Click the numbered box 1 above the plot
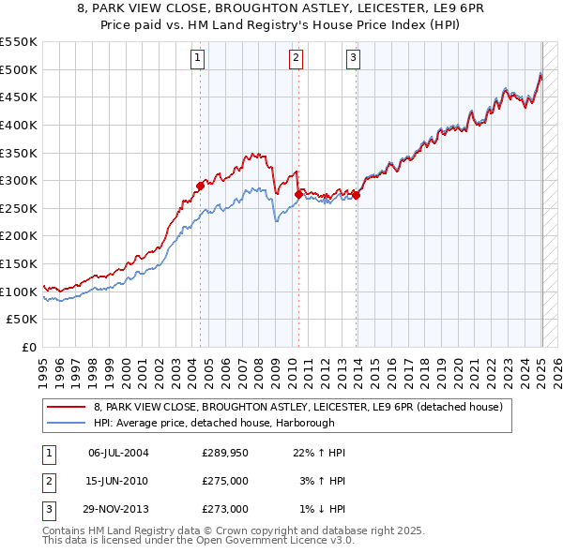(199, 58)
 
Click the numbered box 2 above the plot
(296, 58)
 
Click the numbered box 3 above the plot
(354, 58)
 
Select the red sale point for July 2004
(201, 186)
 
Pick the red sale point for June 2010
(298, 194)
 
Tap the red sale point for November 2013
(357, 195)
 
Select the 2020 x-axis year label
(457, 370)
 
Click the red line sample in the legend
(67, 407)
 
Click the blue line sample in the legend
(67, 423)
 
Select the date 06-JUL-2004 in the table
(118, 453)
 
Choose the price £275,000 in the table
(225, 481)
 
